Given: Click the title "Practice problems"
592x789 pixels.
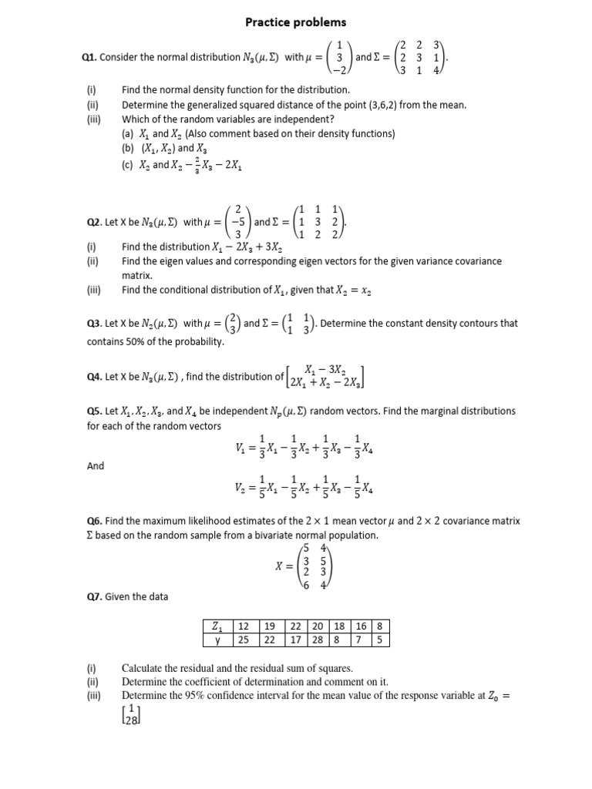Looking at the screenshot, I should pos(296,22).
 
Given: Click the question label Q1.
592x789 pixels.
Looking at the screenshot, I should pos(90,57).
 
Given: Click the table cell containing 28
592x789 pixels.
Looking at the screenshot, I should pos(318,640).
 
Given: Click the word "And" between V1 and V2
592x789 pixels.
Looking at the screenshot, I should pos(95,466).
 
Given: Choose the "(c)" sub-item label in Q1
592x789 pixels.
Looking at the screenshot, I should pos(128,165).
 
